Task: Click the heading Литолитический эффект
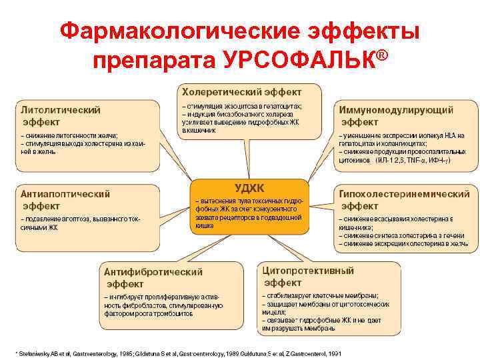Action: pyautogui.click(x=61, y=115)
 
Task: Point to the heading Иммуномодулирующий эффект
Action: pyautogui.click(x=397, y=115)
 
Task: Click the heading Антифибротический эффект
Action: pyautogui.click(x=153, y=277)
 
